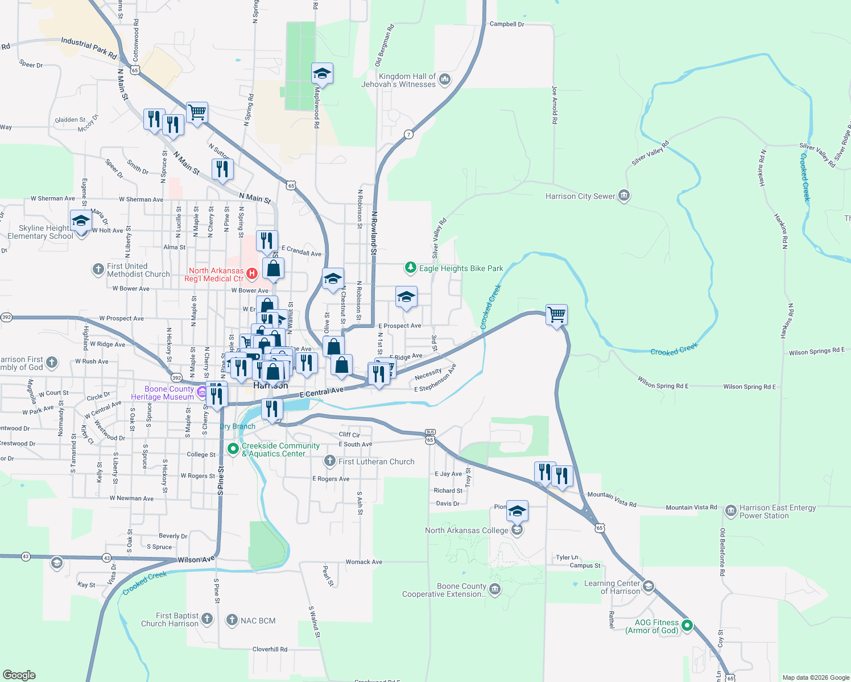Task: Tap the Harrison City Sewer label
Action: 580,196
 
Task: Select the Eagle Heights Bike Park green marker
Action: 410,267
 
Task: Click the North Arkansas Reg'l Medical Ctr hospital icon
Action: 252,274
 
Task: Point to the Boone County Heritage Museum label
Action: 162,393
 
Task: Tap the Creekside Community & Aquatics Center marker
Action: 233,449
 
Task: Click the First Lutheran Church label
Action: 376,461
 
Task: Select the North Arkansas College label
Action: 466,530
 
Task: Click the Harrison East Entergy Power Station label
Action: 777,511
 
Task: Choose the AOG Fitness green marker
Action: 687,626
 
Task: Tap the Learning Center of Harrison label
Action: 612,587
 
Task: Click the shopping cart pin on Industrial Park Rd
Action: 197,113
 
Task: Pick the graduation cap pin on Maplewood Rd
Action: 322,73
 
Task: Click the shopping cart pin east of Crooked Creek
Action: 556,314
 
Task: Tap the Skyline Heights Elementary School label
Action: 40,232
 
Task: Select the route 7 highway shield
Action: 408,135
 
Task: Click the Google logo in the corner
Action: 19,675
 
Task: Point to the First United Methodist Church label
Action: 138,270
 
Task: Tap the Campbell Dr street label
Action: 507,24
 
